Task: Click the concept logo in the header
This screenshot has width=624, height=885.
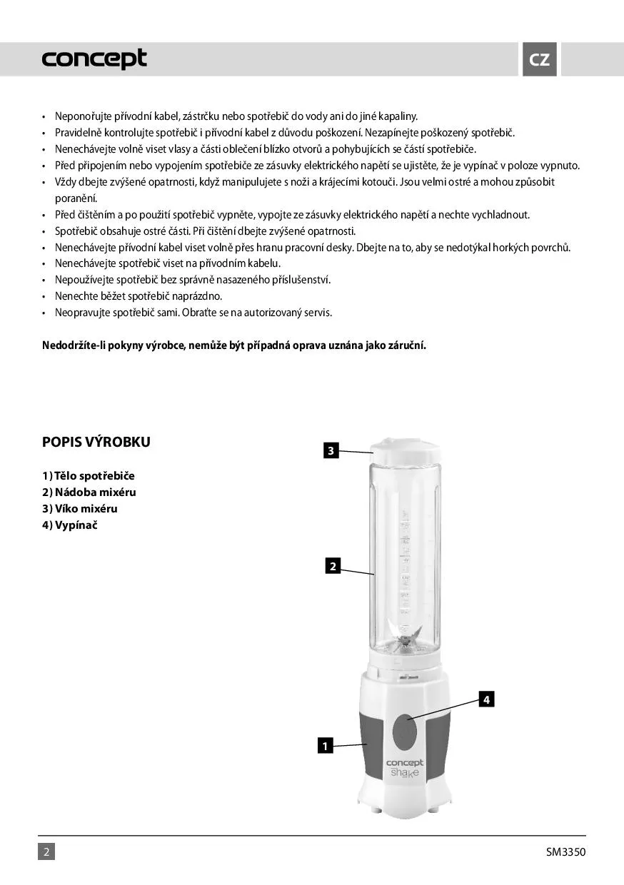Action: (x=94, y=59)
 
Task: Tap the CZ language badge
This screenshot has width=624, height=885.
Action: (x=539, y=60)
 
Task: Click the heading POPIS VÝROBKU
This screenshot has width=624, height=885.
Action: (x=96, y=442)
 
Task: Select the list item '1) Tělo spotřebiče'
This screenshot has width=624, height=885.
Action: (x=89, y=476)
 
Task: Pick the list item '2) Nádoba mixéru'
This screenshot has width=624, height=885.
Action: (x=89, y=492)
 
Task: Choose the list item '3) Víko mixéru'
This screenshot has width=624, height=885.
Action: (x=80, y=509)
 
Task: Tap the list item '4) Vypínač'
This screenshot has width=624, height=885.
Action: (x=69, y=525)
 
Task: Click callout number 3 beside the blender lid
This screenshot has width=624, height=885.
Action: (x=331, y=451)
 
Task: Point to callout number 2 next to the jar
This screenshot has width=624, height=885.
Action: (x=332, y=566)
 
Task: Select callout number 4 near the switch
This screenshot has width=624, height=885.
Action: (x=485, y=699)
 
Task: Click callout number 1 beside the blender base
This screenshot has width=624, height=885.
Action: (x=325, y=747)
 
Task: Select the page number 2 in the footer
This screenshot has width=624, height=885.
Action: (x=46, y=851)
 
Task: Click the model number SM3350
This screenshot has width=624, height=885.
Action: (x=565, y=851)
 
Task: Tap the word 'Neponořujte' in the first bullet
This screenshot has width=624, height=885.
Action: (x=82, y=116)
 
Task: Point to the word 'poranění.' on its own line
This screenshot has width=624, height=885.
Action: (x=76, y=198)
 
